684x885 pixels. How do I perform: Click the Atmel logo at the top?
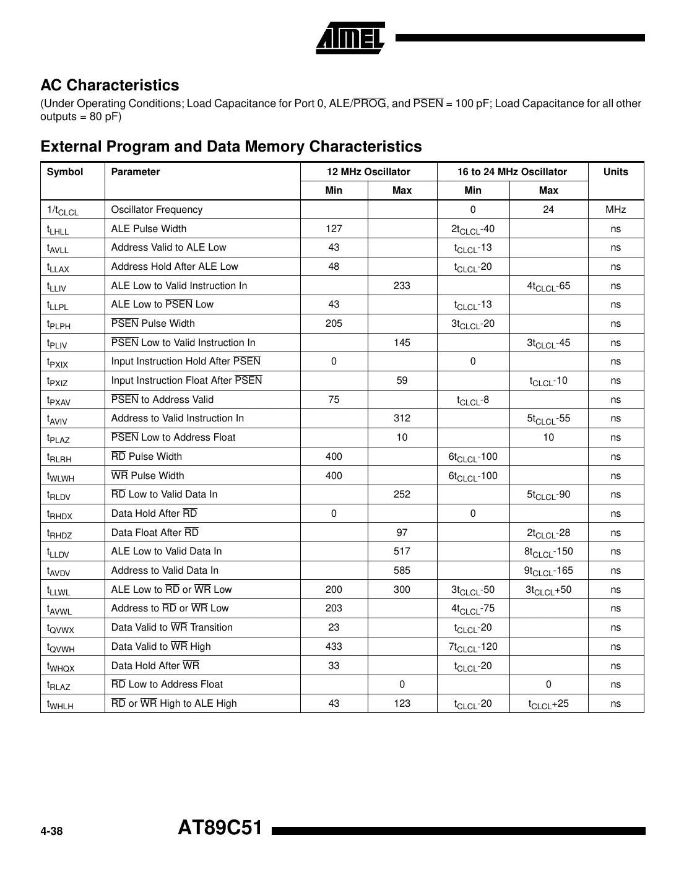350,39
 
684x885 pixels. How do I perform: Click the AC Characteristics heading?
110,85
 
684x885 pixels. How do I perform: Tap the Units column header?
615,172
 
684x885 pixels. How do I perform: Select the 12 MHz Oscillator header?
368,172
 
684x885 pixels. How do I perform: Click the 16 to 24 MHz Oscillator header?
512,172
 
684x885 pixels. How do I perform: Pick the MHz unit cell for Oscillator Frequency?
615,210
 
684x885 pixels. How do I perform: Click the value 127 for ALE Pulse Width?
334,228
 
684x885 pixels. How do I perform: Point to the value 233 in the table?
402,285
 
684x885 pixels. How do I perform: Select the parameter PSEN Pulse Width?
153,324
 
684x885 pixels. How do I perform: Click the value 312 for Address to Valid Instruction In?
402,418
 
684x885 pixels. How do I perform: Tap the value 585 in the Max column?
402,571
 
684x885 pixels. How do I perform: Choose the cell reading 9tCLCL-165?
548,571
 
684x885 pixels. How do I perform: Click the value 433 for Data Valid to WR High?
334,647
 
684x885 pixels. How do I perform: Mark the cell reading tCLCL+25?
548,704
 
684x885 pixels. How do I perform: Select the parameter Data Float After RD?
155,533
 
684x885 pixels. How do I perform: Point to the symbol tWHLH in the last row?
60,704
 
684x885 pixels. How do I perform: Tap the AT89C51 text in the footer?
220,828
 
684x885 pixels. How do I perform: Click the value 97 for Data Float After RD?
402,533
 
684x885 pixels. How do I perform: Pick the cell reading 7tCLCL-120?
473,647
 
